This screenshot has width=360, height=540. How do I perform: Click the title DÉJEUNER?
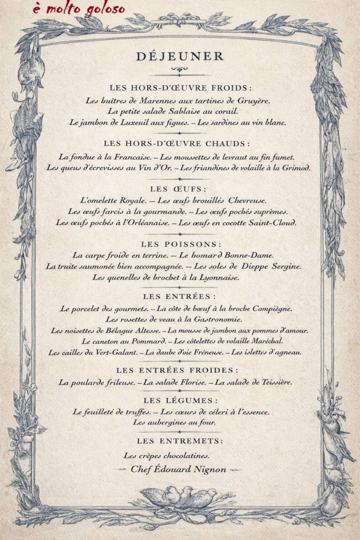click(x=180, y=56)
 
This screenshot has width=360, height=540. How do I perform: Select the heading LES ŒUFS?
click(x=180, y=188)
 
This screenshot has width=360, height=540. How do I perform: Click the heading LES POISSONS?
click(x=180, y=244)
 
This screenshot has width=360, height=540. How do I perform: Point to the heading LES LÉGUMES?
click(x=180, y=400)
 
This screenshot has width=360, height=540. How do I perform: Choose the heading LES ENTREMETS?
click(x=180, y=440)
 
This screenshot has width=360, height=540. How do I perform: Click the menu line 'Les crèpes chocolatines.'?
click(x=167, y=455)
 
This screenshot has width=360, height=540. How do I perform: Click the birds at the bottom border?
click(x=180, y=497)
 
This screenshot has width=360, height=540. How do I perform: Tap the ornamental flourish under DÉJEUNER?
click(x=180, y=70)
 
